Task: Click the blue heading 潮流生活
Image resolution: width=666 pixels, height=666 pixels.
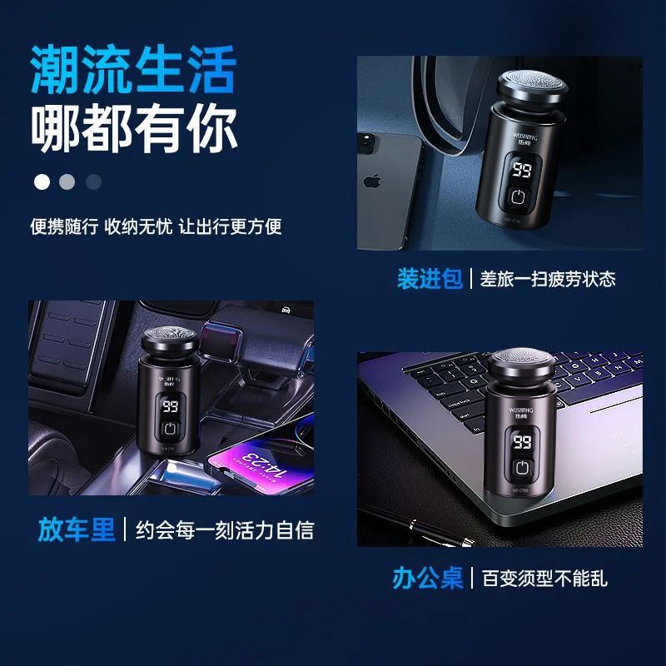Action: coord(133,69)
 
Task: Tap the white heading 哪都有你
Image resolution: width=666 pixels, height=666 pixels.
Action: coord(134,128)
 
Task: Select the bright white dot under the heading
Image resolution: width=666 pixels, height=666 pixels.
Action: coord(42,181)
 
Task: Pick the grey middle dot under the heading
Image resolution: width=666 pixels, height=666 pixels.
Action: coord(67,181)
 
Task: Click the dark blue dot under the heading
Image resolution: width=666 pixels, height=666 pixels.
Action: coord(93,181)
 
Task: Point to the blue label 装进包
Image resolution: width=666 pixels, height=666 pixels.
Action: coord(430,279)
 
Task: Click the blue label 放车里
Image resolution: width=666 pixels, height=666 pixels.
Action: coord(77,529)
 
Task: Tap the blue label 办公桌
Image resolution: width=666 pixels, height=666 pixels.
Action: coord(427,578)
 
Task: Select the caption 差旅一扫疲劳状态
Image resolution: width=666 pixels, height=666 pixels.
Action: coord(548,279)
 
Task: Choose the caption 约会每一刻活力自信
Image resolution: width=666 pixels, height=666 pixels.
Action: coord(225,530)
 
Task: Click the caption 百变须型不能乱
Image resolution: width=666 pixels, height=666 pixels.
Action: coord(544,578)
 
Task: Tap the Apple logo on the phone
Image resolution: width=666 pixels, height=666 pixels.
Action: coord(372,181)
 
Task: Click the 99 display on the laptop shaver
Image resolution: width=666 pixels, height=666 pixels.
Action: coord(522,441)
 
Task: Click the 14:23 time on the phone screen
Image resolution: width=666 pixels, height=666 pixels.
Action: coord(264,466)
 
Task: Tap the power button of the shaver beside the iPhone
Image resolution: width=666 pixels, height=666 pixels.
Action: coord(518,196)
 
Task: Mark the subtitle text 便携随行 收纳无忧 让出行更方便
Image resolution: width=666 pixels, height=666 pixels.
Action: coord(156,226)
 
